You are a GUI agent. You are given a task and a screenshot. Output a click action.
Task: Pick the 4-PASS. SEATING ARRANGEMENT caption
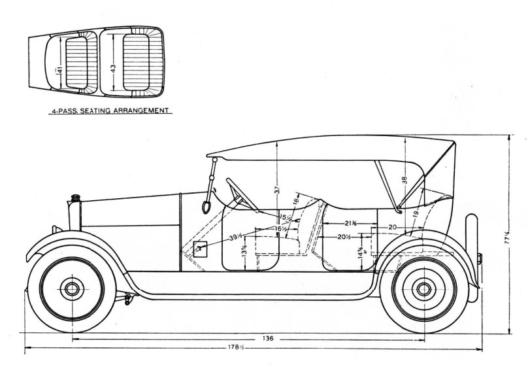pyautogui.click(x=112, y=111)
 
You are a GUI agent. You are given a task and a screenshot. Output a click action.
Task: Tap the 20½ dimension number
pyautogui.click(x=344, y=236)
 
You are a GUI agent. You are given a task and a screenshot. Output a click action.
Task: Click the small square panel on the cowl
pyautogui.click(x=201, y=249)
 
